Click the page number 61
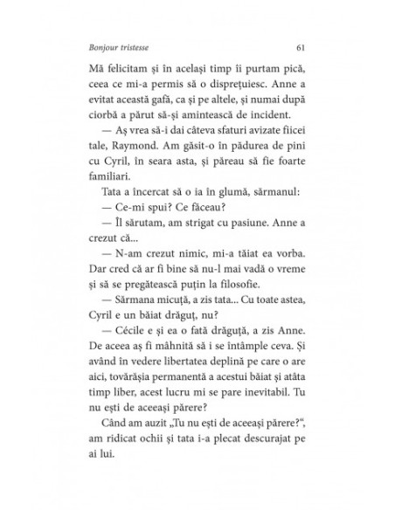pos(300,47)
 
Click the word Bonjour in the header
pos(109,47)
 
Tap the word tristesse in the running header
pos(144,47)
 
